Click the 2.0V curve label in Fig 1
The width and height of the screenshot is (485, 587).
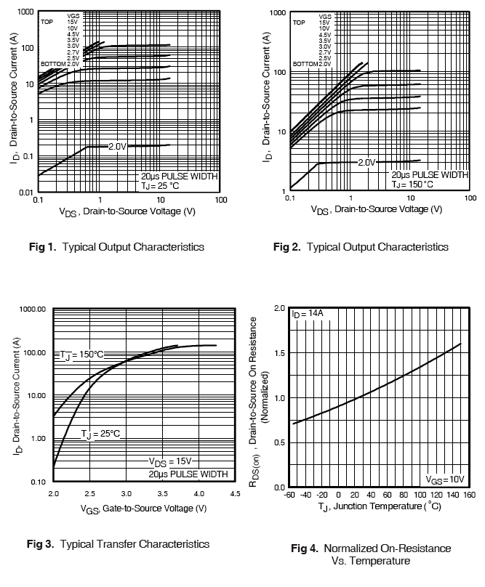pos(117,147)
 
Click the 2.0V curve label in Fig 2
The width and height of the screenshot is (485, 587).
pos(366,162)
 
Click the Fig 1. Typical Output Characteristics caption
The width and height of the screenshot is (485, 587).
pos(116,247)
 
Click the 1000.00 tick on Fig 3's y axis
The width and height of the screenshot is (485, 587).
pos(31,309)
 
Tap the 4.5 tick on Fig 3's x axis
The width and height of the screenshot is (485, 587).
pos(235,493)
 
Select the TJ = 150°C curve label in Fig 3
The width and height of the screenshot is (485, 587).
pos(82,355)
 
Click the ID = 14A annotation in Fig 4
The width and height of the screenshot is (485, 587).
pos(307,315)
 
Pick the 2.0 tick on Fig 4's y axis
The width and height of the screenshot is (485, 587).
pos(279,309)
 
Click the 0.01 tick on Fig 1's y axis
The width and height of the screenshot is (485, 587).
pos(26,193)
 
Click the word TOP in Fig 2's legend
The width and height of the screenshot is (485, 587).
pos(299,23)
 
